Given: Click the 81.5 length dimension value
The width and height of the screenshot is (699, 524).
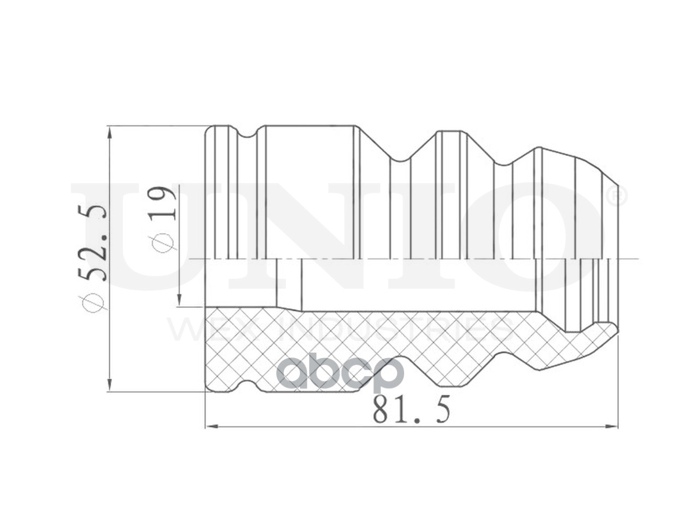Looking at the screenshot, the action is pyautogui.click(x=411, y=410).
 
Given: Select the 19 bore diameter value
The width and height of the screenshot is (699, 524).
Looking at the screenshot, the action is pyautogui.click(x=163, y=203).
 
